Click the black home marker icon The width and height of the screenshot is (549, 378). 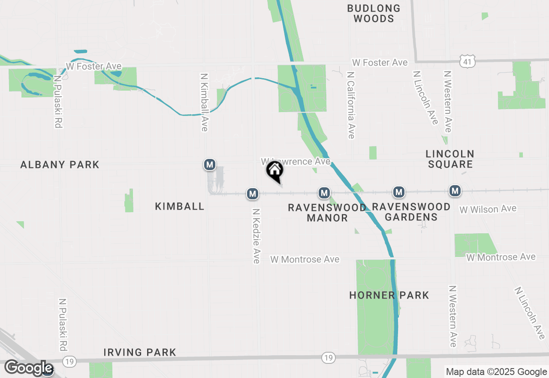pyautogui.click(x=275, y=171)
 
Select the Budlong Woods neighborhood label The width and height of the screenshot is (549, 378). pyautogui.click(x=374, y=13)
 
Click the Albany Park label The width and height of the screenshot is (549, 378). pyautogui.click(x=60, y=165)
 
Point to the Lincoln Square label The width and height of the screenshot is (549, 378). pyautogui.click(x=450, y=159)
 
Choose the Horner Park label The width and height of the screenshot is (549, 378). pyautogui.click(x=389, y=295)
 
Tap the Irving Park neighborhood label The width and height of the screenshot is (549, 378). pyautogui.click(x=140, y=352)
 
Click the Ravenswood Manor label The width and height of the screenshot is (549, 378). pyautogui.click(x=327, y=213)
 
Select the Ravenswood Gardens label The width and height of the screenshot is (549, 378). pyautogui.click(x=411, y=212)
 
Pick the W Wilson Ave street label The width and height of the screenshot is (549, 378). pyautogui.click(x=488, y=209)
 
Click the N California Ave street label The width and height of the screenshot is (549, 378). pyautogui.click(x=351, y=105)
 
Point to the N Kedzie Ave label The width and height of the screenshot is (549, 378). pyautogui.click(x=256, y=236)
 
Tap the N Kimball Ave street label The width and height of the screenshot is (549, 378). pyautogui.click(x=204, y=102)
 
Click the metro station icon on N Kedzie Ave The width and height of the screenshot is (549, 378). pyautogui.click(x=253, y=194)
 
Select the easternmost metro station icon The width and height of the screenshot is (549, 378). pyautogui.click(x=455, y=190)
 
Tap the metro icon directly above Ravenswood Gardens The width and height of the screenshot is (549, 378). pyautogui.click(x=399, y=192)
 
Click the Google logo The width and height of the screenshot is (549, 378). pyautogui.click(x=28, y=368)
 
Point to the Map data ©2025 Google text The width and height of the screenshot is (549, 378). pyautogui.click(x=496, y=372)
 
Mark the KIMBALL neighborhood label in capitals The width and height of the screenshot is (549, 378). pyautogui.click(x=180, y=206)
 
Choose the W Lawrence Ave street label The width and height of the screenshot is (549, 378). pyautogui.click(x=296, y=162)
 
